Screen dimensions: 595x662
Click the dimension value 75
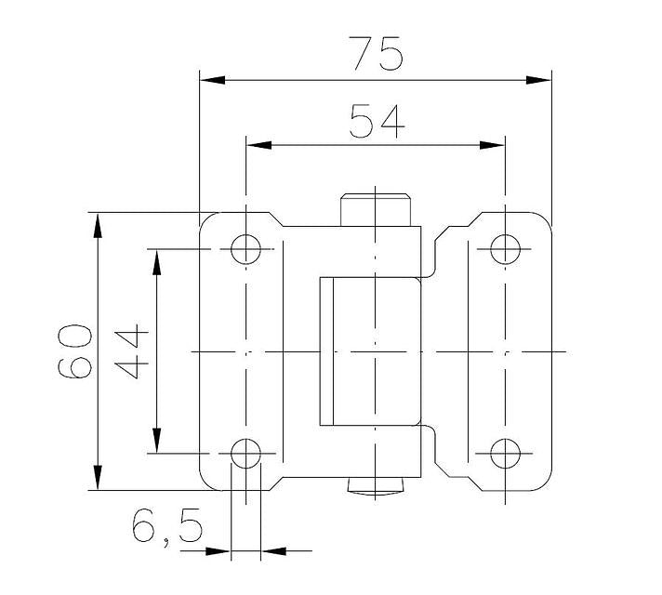377,53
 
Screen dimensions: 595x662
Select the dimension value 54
377,121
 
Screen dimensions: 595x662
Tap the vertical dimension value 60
75,351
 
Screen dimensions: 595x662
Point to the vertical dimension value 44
132,351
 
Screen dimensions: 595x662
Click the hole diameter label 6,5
167,529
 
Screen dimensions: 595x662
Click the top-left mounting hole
246,248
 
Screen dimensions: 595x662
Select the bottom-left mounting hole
246,454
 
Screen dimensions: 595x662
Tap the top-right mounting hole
505,248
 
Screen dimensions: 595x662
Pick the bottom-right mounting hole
505,454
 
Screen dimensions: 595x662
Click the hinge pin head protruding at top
376,209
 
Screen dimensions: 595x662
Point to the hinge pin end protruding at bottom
376,485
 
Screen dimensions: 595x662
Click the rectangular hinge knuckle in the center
370,351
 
